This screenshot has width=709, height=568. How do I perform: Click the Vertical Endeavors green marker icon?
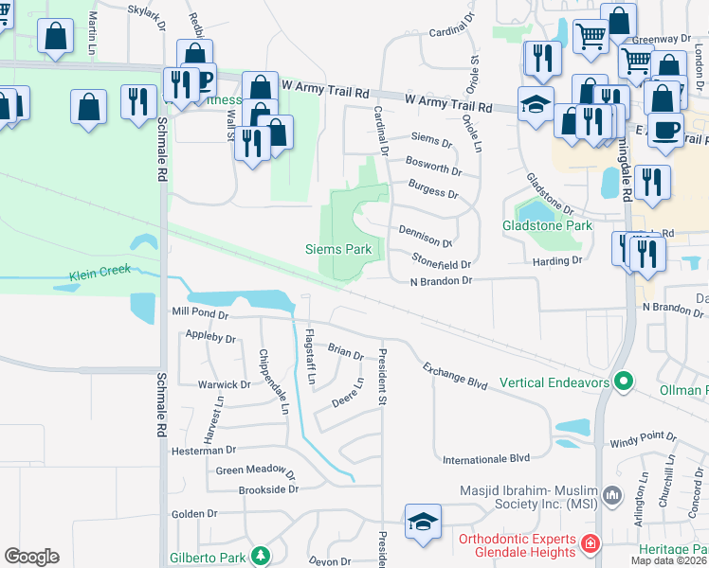623,382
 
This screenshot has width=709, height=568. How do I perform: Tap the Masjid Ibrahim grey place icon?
612,495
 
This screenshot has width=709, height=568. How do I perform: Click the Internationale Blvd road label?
486,459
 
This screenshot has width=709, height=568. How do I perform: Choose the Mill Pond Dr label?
200,313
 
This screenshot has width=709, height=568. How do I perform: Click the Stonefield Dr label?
441,260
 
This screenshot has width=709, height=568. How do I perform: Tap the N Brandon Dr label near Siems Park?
440,281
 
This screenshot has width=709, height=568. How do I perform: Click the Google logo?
31,557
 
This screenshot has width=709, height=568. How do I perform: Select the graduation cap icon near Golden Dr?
423,521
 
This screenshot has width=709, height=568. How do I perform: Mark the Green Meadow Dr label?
256,470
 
